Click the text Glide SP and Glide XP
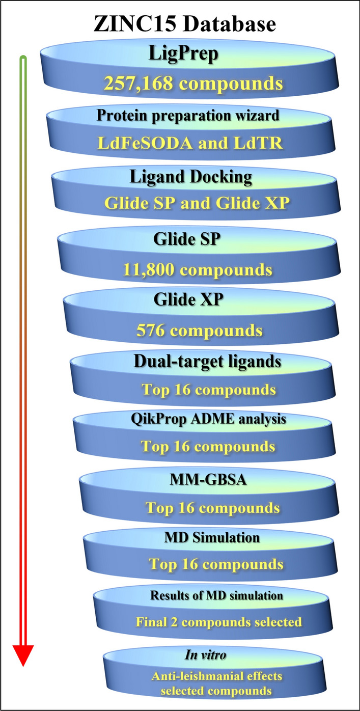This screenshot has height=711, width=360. point(197,203)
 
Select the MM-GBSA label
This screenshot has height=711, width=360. point(213,479)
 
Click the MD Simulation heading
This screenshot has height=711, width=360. point(219,537)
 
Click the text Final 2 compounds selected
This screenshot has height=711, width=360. point(218,622)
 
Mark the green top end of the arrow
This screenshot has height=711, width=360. point(22,60)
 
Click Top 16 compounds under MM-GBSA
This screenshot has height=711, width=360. point(212,508)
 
